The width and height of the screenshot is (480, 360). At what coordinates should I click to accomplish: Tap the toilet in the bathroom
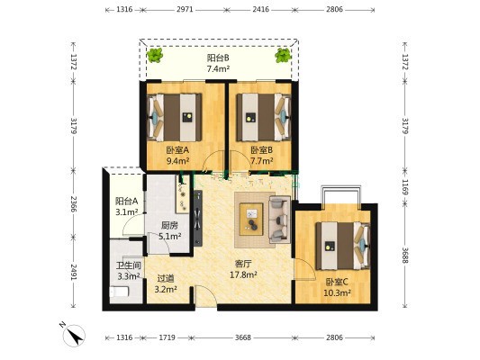[x=119, y=292]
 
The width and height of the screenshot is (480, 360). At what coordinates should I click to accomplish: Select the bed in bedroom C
[x=343, y=246]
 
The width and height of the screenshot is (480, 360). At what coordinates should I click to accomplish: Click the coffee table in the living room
[x=251, y=219]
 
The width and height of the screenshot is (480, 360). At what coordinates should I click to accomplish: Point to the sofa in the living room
[x=279, y=220]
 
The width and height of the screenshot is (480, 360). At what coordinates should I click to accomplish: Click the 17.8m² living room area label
[x=243, y=275]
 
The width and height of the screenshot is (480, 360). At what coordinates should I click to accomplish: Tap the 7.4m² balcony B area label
[x=218, y=68]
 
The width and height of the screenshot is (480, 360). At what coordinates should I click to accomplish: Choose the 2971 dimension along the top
[x=185, y=10]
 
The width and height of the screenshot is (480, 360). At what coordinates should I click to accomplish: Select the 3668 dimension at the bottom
[x=243, y=337]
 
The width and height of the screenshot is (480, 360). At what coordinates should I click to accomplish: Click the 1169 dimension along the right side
[x=405, y=187]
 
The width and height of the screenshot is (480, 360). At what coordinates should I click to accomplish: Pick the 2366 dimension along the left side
[x=74, y=204]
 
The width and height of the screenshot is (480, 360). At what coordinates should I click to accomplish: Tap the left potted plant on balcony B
[x=155, y=55]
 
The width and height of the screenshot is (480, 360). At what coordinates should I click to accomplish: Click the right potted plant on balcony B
[x=283, y=56]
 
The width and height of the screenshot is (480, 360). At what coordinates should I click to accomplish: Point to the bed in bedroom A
[x=175, y=118]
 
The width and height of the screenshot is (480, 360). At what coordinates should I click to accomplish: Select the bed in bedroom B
[x=264, y=118]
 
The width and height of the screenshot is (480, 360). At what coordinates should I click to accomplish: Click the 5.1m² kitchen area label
[x=169, y=236]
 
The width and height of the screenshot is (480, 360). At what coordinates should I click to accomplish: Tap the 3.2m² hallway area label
[x=166, y=289]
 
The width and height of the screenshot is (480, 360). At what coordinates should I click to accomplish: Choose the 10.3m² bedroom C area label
[x=337, y=293]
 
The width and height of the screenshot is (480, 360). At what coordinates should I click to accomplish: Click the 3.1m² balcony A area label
[x=126, y=211]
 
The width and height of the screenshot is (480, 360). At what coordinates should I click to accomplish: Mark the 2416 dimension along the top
[x=261, y=10]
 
